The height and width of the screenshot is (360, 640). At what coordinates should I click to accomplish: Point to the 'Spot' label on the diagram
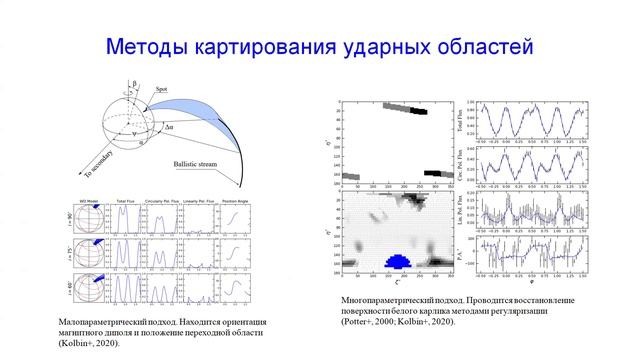click(160, 90)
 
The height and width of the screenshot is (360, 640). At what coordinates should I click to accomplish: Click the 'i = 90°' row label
click(67, 215)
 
